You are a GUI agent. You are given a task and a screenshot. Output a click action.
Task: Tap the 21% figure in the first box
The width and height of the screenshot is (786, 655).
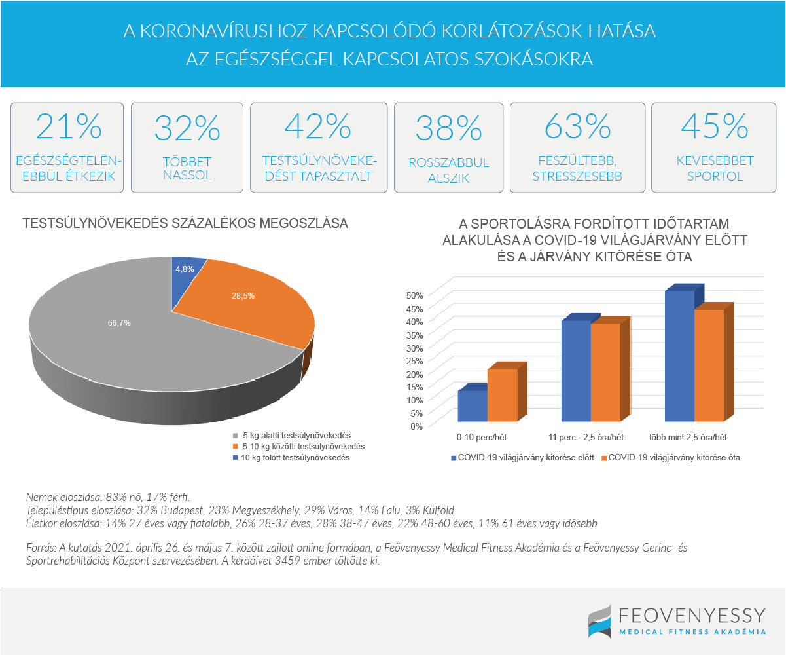click(69, 126)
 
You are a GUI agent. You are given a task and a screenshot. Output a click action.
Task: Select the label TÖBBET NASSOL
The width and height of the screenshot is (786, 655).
click(187, 169)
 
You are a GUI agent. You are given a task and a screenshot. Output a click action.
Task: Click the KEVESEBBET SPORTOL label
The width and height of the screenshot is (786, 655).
click(715, 168)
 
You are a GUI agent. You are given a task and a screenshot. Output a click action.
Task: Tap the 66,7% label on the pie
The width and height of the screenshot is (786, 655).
click(119, 322)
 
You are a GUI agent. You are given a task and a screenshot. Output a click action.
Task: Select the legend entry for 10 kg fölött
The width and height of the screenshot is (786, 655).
click(295, 458)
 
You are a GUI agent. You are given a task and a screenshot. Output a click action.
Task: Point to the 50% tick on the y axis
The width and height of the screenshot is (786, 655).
click(416, 295)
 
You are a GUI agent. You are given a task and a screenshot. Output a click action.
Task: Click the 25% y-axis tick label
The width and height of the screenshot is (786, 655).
click(416, 360)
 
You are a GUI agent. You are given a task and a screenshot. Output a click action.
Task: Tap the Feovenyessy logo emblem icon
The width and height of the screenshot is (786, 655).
click(599, 620)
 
